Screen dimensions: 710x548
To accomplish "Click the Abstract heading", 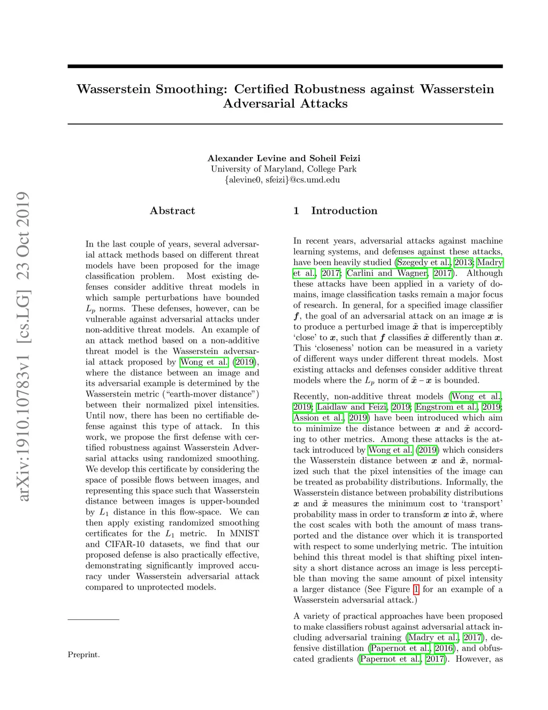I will point(172,211).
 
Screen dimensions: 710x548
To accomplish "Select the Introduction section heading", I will point(344,211).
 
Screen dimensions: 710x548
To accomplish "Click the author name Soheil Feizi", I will point(335,158).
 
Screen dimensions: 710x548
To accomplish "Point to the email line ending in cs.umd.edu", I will point(282,180).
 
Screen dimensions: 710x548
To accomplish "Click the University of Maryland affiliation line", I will point(284,169).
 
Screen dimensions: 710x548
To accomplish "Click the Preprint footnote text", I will point(83,654).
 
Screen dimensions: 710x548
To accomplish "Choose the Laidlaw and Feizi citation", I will point(352,407).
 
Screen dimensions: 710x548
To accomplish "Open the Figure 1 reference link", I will point(416,589).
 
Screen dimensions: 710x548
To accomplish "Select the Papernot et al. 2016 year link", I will point(444,648).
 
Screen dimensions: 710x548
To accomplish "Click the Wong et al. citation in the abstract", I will point(204,362).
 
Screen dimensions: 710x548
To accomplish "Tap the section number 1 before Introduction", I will point(296,211).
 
